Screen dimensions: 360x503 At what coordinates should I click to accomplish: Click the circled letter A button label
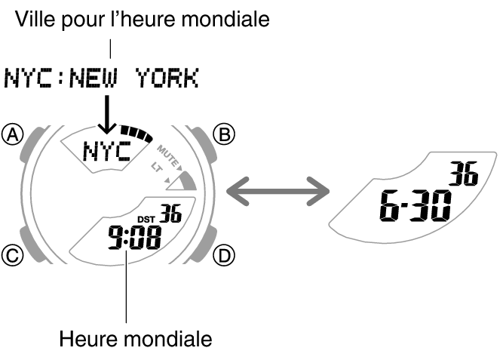[13, 134]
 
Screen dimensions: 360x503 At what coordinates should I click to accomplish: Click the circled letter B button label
[225, 134]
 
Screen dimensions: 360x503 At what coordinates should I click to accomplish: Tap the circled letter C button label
[13, 257]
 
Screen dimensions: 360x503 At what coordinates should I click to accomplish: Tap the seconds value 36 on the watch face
[170, 214]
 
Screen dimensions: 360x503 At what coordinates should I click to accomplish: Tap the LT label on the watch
[157, 166]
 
